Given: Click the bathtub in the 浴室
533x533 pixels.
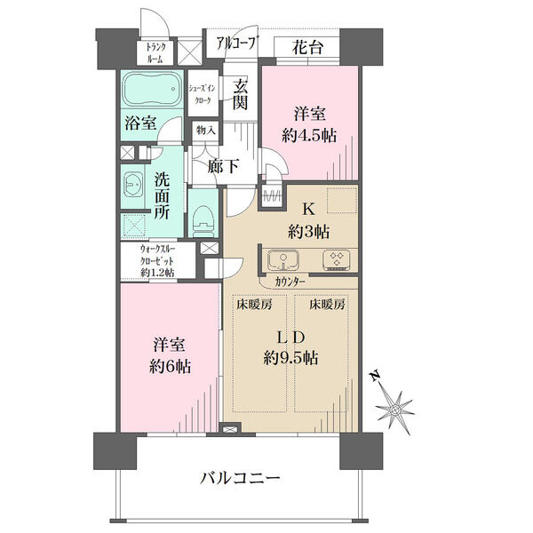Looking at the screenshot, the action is coord(151,90).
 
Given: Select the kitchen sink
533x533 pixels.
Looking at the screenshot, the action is coord(282,260).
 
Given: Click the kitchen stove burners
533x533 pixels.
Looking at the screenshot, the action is coord(336,260).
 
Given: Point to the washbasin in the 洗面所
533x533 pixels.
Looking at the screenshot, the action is coord(133,185).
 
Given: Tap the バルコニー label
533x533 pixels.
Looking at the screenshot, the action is coord(240,479).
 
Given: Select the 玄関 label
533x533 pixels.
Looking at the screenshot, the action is coord(240,97).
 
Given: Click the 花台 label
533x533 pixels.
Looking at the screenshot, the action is coord(307,48).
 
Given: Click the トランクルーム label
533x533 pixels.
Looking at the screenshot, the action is coord(155,52).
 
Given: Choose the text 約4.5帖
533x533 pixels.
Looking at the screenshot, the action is coord(309,136).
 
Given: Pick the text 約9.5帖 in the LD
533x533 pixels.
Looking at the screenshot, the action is coord(290,358).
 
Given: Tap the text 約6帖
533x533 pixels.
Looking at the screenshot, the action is coord(170,367).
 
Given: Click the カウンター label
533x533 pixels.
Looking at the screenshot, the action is coord(290,282).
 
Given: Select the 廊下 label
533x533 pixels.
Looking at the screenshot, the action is coord(224,167).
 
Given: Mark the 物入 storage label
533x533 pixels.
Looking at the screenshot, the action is coord(206,131).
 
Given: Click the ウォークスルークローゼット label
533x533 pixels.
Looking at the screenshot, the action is coord(157,260).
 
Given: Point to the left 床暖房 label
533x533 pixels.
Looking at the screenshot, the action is coord(254,305).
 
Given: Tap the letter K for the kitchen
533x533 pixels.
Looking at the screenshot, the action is coord(308,210).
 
